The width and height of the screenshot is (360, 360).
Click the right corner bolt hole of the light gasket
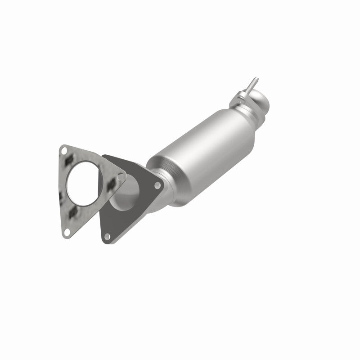coord(120,177)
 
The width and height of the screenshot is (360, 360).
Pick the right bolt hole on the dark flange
coord(157,185)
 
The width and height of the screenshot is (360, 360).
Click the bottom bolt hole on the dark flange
coord(107,236)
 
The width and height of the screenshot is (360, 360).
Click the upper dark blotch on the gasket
coord(70,160)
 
